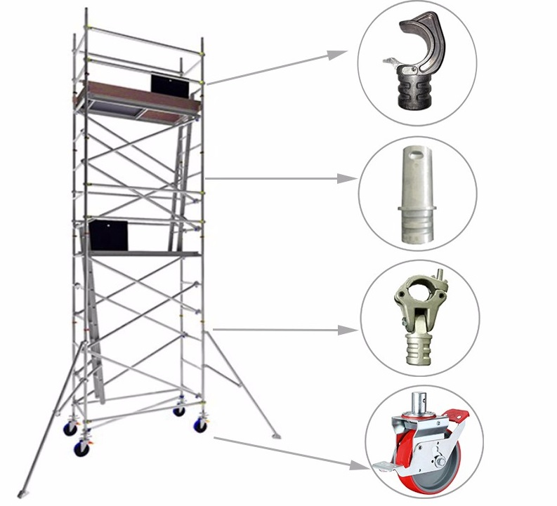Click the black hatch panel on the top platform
click(x=170, y=84)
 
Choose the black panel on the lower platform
click(x=109, y=234)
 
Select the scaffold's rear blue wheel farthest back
click(x=180, y=411)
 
